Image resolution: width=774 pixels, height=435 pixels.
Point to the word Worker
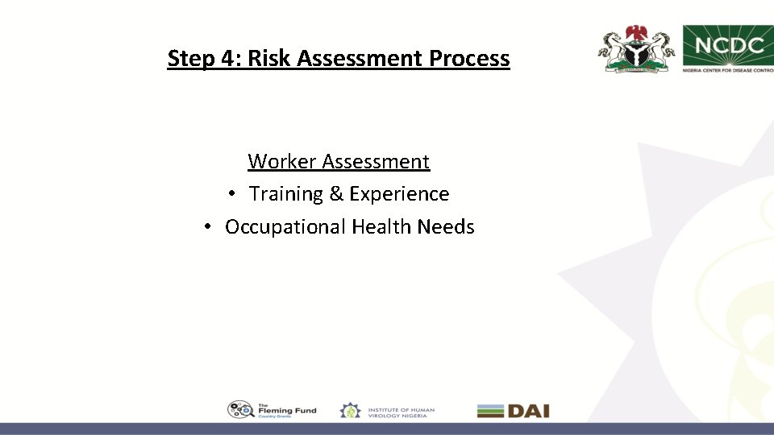pyautogui.click(x=282, y=161)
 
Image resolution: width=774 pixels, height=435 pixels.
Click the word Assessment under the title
pyautogui.click(x=376, y=161)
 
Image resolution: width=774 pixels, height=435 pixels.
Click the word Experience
pyautogui.click(x=399, y=194)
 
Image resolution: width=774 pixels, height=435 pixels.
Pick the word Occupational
pyautogui.click(x=285, y=227)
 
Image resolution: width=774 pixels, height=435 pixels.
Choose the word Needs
pyautogui.click(x=446, y=227)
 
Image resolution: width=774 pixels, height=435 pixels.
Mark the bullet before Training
pyautogui.click(x=231, y=194)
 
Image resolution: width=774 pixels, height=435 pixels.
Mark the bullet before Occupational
pyautogui.click(x=207, y=227)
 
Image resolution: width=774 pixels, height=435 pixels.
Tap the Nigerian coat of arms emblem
pyautogui.click(x=636, y=50)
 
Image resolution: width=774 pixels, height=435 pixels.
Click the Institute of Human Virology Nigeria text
pyautogui.click(x=401, y=411)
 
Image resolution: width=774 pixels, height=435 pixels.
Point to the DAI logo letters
pyautogui.click(x=528, y=411)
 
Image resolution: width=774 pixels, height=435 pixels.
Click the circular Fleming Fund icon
pyautogui.click(x=240, y=410)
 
